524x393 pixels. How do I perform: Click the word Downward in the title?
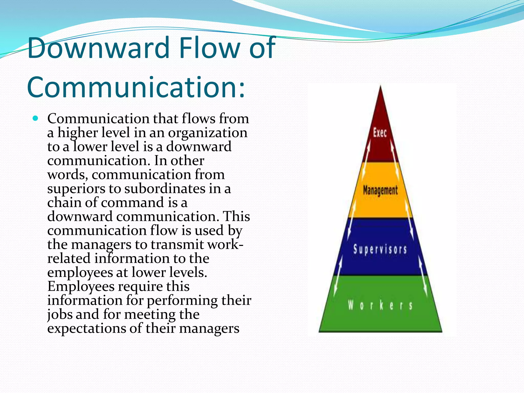(99, 48)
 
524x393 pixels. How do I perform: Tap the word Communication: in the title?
(136, 88)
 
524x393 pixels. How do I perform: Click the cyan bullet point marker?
(36, 118)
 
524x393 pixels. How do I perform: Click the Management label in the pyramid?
(380, 190)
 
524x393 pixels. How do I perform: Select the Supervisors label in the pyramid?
(380, 249)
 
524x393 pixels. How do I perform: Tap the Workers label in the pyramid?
(380, 305)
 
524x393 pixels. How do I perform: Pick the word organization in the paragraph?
(208, 133)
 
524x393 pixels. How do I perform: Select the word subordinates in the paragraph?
(165, 189)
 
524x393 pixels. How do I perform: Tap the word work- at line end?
(225, 245)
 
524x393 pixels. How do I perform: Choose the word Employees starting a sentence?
(81, 286)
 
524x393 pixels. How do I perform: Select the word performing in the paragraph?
(182, 301)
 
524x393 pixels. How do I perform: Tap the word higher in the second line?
(77, 133)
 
